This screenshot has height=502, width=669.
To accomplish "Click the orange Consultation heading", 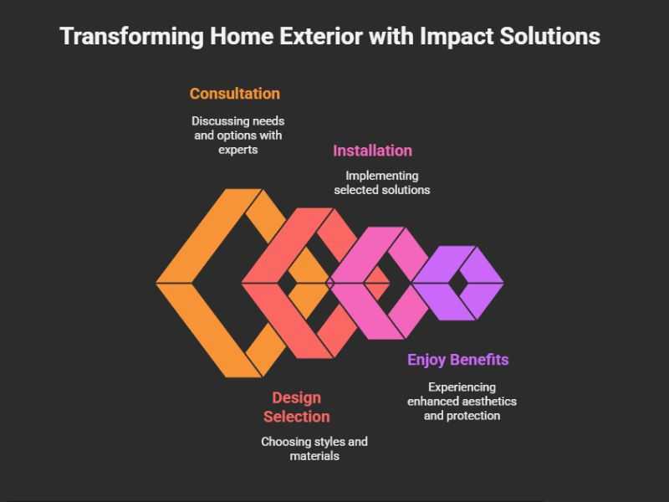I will tap(235, 94).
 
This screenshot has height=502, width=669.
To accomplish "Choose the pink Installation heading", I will tap(372, 151).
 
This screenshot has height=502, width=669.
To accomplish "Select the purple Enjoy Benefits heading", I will tap(457, 360).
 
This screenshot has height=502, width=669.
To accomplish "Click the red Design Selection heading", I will tap(296, 407).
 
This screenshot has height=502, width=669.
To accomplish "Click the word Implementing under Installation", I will tap(382, 176).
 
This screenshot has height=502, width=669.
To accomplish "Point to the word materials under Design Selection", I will tap(314, 456).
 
